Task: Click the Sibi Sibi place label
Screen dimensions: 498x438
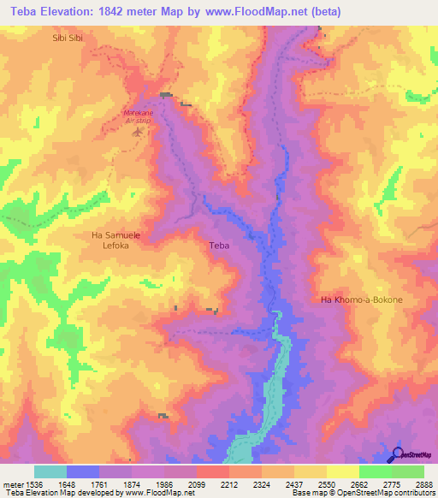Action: click(x=68, y=39)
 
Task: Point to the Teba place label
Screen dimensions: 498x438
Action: click(x=219, y=246)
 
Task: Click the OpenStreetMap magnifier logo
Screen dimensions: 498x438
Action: click(x=398, y=454)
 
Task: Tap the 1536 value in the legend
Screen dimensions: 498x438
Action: click(x=33, y=484)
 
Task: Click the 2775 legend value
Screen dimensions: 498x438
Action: click(x=391, y=484)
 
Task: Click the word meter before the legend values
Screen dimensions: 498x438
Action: click(x=12, y=484)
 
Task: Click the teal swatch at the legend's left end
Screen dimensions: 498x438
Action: click(x=50, y=471)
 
